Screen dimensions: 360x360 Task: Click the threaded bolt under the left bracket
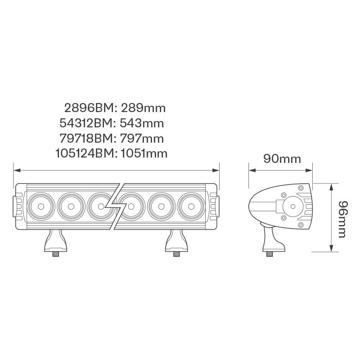[56, 254]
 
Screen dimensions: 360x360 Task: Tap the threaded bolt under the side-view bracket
[270, 254]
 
